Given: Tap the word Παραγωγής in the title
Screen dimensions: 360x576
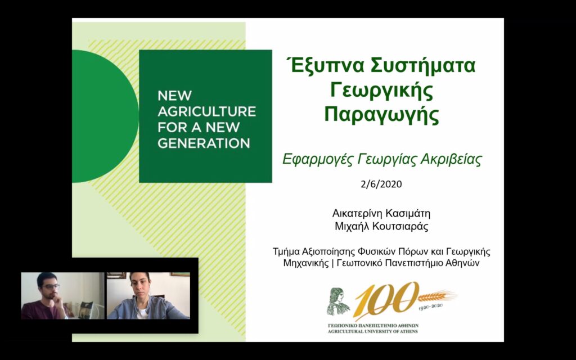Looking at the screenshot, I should point(381,114).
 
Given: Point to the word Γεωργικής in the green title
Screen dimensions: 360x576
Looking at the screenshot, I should point(381,91).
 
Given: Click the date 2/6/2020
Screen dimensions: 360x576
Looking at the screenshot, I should point(381,184).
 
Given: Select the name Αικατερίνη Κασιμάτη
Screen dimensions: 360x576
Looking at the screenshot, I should point(381,214).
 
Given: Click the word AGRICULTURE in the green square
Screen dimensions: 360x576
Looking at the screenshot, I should point(206,111).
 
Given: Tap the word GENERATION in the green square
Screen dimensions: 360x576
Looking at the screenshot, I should point(204,143).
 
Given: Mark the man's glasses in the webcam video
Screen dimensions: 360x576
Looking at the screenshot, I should point(51,286).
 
